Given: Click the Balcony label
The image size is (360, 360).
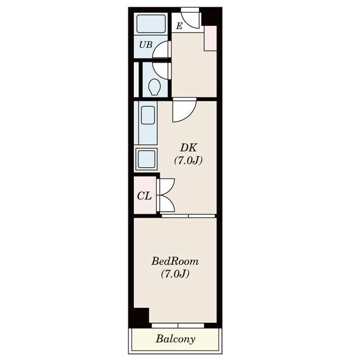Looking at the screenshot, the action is (x=176, y=339).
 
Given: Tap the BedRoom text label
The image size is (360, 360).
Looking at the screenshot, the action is (x=175, y=262).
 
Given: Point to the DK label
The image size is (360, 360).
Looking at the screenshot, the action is (x=188, y=148).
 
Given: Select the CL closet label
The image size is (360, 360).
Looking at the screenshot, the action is (x=145, y=196).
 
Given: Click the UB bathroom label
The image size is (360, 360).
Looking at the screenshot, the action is (x=146, y=44).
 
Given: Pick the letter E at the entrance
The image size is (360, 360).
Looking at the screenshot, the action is (x=179, y=26).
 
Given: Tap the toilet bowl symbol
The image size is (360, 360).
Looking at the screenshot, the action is (x=155, y=87).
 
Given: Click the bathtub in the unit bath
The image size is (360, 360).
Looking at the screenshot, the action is (x=151, y=24).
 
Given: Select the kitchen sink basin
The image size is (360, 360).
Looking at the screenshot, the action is (x=148, y=115).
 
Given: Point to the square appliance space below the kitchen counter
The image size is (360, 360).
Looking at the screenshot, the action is (x=146, y=159).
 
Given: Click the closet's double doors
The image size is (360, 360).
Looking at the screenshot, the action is (x=166, y=195).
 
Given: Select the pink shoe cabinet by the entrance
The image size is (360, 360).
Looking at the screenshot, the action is (x=211, y=38).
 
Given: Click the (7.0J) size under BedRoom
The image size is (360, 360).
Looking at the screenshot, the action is (x=175, y=274).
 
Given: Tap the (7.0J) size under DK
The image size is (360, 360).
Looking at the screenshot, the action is (x=188, y=160).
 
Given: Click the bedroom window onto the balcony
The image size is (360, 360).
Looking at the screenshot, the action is (x=178, y=325).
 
